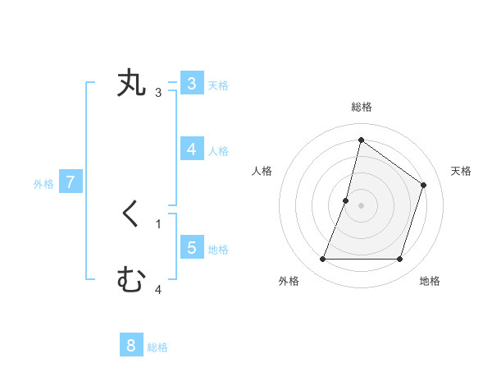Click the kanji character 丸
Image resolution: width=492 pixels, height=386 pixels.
click(132, 84)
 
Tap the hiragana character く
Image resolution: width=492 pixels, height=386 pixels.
click(131, 215)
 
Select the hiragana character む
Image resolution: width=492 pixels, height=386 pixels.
click(131, 281)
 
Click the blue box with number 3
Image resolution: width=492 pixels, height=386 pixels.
click(191, 84)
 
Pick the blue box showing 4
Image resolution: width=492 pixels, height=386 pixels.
click(191, 149)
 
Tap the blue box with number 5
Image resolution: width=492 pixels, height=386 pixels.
click(191, 247)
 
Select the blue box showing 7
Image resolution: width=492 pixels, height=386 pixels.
click(71, 182)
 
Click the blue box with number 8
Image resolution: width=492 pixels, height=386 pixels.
click(131, 346)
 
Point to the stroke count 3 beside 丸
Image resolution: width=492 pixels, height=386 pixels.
click(158, 93)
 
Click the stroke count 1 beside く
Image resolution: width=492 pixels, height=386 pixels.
click(158, 224)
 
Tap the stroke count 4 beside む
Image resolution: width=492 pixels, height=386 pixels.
click(158, 290)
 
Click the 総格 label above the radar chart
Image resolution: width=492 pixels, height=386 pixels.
click(361, 107)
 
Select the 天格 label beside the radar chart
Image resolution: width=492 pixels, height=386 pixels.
click(461, 171)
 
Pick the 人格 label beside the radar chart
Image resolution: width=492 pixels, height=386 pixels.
click(262, 171)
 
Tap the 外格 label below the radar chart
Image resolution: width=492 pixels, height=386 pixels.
click(289, 282)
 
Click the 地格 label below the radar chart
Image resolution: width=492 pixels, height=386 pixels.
click(430, 282)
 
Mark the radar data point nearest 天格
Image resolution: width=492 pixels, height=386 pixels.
click(423, 185)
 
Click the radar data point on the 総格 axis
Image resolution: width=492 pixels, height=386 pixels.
click(361, 140)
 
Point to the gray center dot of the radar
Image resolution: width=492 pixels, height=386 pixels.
click(361, 204)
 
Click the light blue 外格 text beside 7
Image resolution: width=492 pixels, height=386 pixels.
click(43, 184)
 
